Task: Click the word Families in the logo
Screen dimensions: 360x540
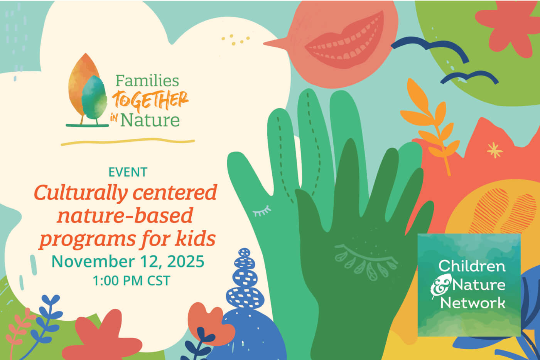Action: coord(147,81)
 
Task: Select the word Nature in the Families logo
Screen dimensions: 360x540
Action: coord(150,120)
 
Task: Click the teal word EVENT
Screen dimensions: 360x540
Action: coord(128,172)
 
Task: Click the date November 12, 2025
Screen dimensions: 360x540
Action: coord(128,261)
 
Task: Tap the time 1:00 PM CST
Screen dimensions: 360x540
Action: coord(131,281)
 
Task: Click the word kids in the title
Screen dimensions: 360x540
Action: coord(195,239)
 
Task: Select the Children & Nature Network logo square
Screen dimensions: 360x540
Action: coord(469,284)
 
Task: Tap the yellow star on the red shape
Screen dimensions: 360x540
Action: coord(494,150)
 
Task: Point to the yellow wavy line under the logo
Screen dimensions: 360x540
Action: coord(128,142)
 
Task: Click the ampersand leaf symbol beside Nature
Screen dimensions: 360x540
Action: coord(439,286)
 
